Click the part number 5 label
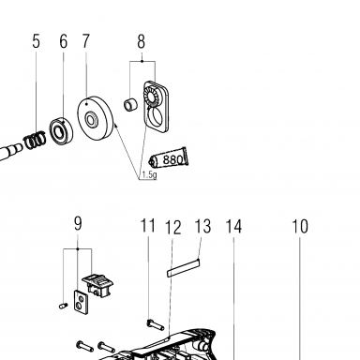37,41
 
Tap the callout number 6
63,41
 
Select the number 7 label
86,41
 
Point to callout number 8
142,41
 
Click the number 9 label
78,223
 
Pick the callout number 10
300,226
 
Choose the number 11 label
148,226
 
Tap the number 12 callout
173,227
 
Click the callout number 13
202,226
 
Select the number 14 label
233,226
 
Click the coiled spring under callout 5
35,141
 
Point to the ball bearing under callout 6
61,130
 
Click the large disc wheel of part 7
95,118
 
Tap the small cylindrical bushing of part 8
131,104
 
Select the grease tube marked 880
168,158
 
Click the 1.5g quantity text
149,175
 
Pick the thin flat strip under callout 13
183,268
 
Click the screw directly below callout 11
156,325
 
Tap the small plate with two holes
81,302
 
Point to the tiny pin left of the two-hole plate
64,306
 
